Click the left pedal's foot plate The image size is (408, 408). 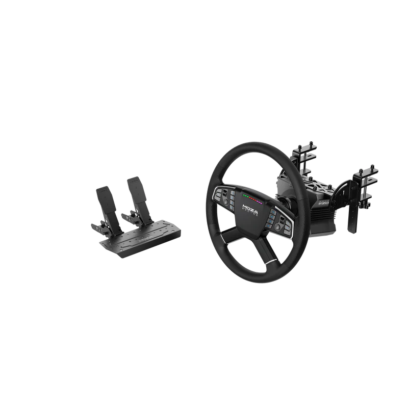(104, 196)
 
